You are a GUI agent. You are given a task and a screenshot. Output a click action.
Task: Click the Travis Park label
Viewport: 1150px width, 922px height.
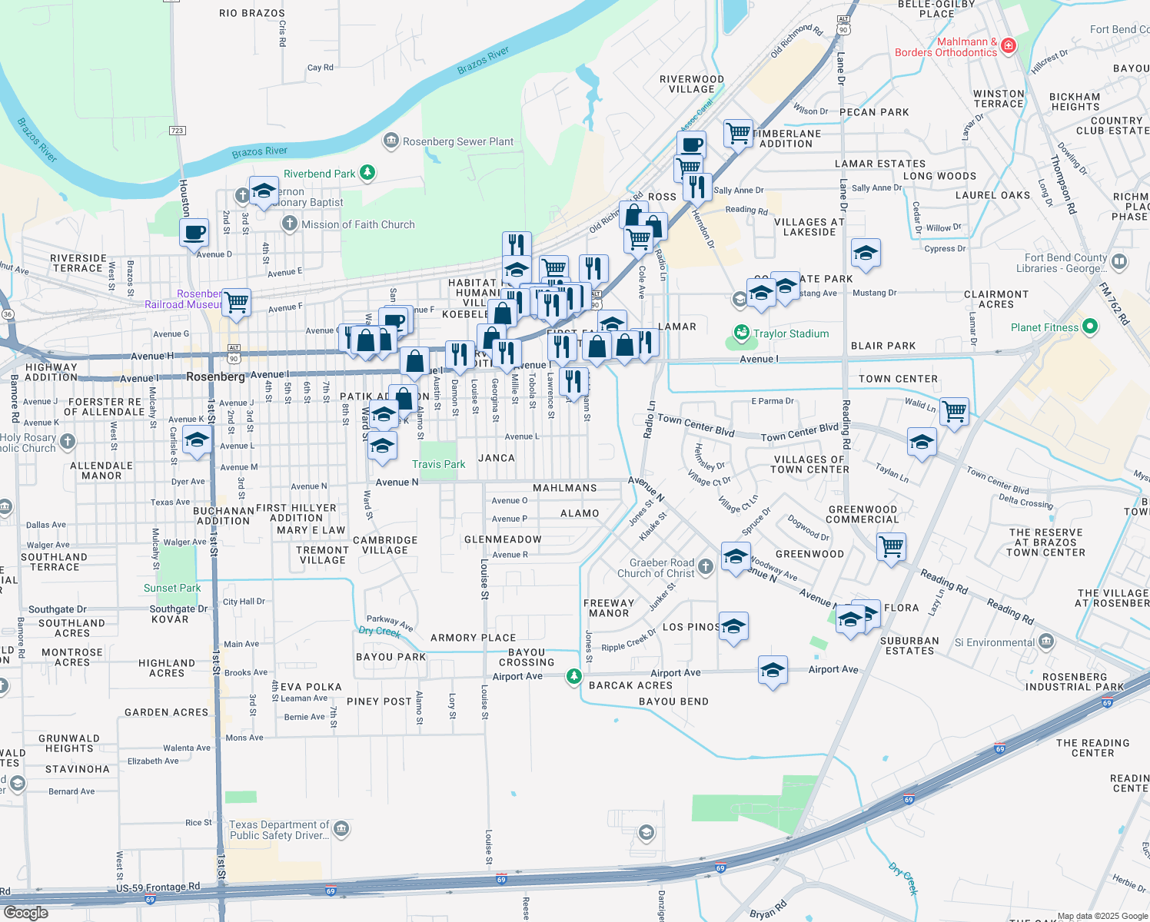point(438,464)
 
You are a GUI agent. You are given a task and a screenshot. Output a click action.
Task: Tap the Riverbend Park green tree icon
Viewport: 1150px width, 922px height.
point(367,173)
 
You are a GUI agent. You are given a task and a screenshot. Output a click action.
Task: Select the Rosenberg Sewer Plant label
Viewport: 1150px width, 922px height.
point(458,141)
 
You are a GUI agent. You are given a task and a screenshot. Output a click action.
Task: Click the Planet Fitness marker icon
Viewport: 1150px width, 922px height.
point(1089,327)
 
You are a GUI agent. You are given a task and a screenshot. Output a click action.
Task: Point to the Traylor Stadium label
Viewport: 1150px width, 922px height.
point(791,333)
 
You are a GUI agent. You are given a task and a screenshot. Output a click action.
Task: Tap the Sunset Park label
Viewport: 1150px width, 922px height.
point(172,588)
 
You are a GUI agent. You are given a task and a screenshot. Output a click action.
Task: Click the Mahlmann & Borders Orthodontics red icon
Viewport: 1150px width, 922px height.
point(1009,46)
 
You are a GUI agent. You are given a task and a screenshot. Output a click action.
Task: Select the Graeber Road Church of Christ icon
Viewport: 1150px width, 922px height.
point(706,567)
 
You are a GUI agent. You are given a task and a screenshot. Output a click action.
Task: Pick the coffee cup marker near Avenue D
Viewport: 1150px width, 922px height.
point(194,231)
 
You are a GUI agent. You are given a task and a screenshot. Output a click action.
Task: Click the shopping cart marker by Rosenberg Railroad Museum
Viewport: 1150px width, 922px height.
point(236,301)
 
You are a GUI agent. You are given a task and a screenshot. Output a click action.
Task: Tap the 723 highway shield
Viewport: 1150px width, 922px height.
point(177,131)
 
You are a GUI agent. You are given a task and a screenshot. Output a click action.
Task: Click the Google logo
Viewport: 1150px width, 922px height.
point(25,913)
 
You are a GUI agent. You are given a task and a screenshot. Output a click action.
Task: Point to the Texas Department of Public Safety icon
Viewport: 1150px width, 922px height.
point(341,829)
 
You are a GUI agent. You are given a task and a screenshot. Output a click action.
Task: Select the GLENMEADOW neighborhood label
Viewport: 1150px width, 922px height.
point(503,539)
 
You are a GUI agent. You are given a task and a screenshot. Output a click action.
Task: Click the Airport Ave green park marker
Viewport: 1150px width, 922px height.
point(573,676)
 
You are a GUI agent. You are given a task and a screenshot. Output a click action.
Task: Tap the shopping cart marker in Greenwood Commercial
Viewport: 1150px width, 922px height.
point(891,547)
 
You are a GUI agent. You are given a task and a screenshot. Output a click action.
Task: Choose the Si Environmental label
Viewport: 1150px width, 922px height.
point(995,642)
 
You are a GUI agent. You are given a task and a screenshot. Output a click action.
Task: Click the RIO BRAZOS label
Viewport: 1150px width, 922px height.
point(251,13)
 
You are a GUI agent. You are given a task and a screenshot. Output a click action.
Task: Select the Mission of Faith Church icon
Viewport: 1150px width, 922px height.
point(290,224)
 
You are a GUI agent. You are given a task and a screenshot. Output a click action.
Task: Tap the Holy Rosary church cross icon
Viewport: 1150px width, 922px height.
point(68,441)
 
